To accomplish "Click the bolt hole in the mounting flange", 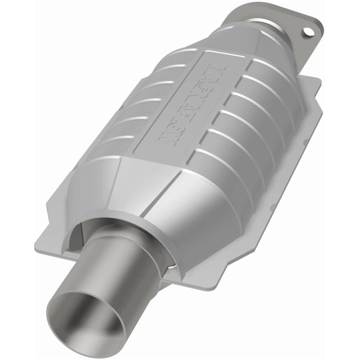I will click(x=308, y=32).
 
